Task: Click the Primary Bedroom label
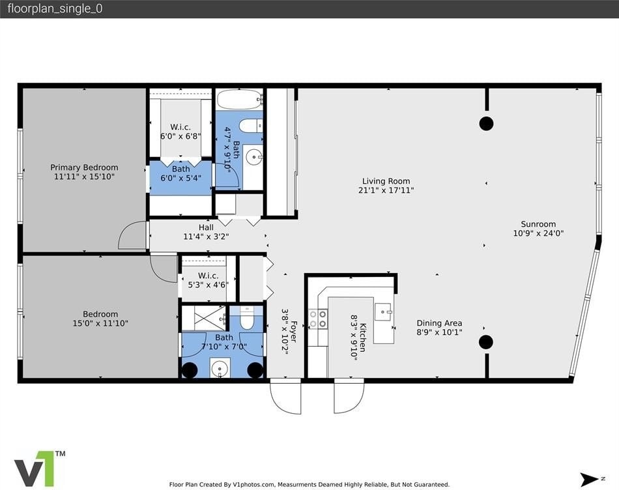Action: tap(84, 167)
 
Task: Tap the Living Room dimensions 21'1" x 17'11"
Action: tap(386, 190)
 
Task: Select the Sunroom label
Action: tap(538, 224)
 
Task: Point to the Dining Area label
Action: tap(439, 323)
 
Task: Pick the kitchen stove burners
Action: tap(318, 319)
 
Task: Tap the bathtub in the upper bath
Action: tap(240, 99)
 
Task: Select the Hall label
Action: tap(206, 227)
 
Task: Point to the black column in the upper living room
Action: tap(486, 124)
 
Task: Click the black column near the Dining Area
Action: tap(486, 342)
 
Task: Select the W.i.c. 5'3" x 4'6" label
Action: tap(208, 280)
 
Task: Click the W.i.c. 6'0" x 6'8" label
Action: tap(180, 132)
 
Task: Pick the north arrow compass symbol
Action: tap(590, 480)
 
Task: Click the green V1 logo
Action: tap(40, 468)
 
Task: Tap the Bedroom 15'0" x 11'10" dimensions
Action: tap(100, 323)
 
